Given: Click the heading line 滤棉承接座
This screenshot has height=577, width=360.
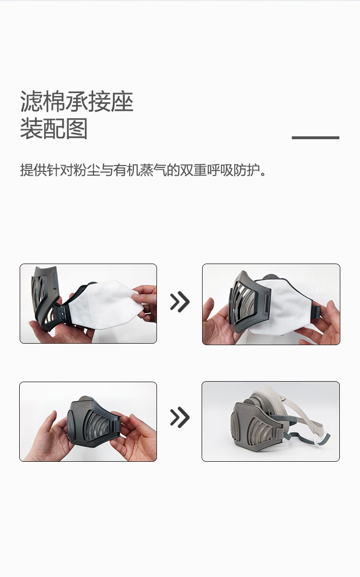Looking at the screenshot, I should click(x=77, y=102).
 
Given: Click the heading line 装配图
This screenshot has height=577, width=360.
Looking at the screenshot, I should click(x=54, y=129).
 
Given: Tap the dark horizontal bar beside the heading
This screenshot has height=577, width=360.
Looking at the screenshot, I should click(x=315, y=138).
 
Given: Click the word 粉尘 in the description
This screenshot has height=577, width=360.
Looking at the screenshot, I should click(x=86, y=170).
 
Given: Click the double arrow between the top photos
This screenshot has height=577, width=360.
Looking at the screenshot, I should click(x=180, y=302).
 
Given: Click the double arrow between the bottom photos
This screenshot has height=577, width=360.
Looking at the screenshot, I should click(x=180, y=418).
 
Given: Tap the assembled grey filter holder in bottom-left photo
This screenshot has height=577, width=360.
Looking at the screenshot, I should click(x=94, y=422).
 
